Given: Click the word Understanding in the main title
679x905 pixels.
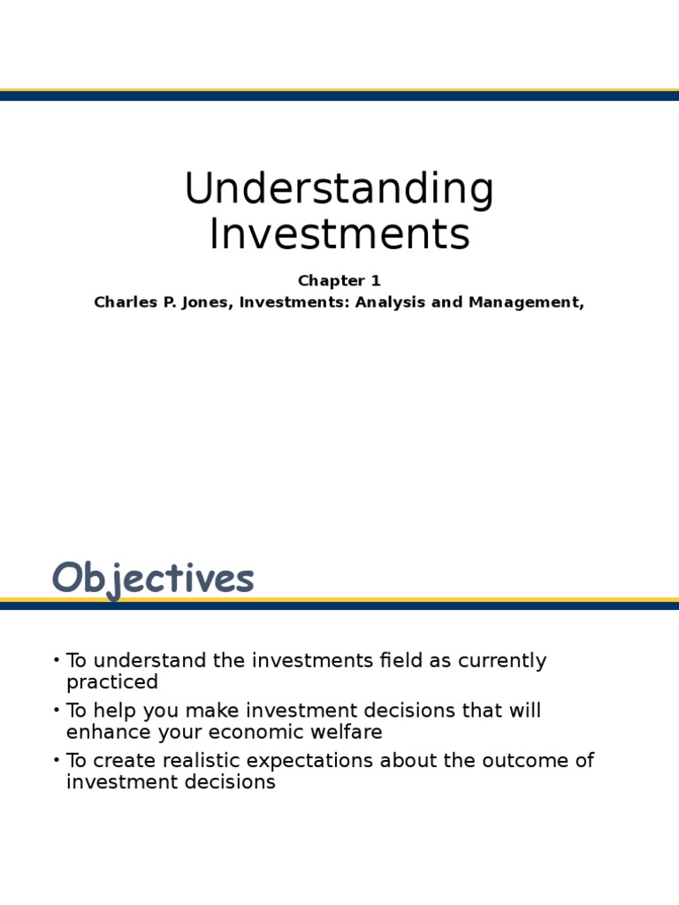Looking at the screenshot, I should coord(339,190).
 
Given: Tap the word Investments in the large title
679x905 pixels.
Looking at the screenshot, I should coord(339,234).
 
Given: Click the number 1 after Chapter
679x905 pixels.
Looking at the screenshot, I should coord(376,281).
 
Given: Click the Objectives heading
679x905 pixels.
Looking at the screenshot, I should coord(153,579).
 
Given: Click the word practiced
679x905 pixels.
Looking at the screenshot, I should coord(112,682).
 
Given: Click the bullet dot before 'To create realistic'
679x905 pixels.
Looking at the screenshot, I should coord(57,760).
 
